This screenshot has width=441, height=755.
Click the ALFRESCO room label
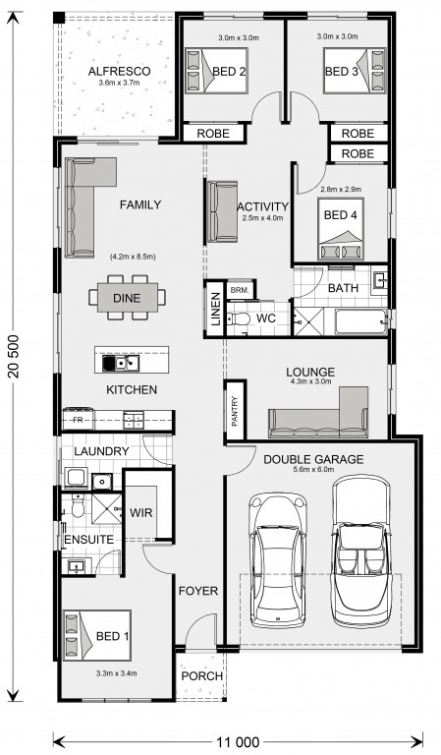point(119,71)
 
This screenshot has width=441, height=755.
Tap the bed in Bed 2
point(216,71)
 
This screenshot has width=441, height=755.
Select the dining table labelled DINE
point(128,298)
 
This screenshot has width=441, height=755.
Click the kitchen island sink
point(121,364)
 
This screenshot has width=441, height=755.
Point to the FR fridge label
point(78,420)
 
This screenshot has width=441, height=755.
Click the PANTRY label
point(235,411)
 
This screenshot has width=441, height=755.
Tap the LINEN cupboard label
point(216,309)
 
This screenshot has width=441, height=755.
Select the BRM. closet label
point(240,290)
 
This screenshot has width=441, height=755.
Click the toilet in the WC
point(239,319)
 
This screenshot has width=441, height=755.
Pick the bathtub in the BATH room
point(361,321)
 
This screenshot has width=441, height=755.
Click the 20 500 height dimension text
point(14,356)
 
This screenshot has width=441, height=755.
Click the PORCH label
point(202,676)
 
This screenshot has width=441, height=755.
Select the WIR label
point(141,513)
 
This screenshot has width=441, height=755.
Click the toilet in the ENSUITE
point(78,505)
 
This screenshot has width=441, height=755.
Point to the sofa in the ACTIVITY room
point(223,211)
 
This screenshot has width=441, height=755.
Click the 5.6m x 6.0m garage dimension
point(312,470)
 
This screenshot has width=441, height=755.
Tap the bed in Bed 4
point(341,229)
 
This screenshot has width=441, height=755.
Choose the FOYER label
point(198,591)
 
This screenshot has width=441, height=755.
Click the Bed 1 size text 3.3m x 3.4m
point(116,673)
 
